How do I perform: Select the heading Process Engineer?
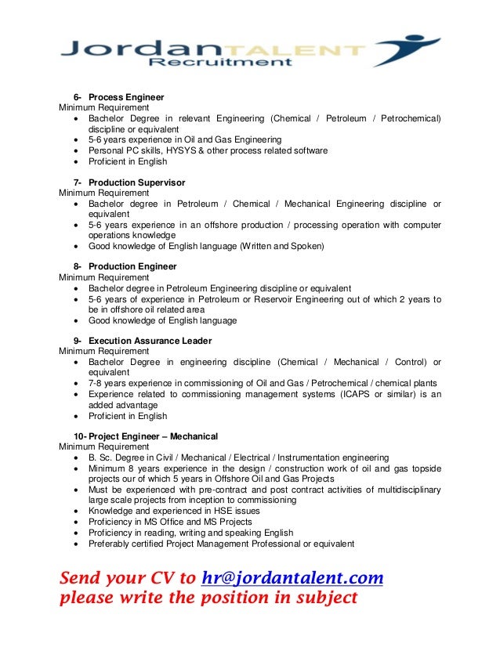point(126,96)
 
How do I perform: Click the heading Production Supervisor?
point(136,183)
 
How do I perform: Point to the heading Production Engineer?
point(132,267)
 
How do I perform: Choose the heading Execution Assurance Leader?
point(150,342)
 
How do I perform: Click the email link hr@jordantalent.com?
point(292,579)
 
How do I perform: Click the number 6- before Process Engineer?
point(78,96)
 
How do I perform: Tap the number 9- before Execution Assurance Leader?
point(78,342)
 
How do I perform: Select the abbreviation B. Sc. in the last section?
point(101,457)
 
